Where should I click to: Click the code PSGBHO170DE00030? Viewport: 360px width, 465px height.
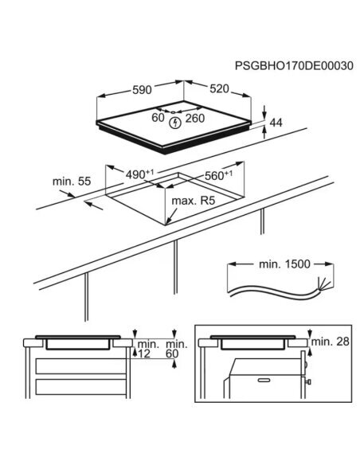[x=294, y=65]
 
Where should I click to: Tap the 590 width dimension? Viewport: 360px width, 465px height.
[x=142, y=89]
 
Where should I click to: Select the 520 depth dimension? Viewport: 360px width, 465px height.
[x=220, y=88]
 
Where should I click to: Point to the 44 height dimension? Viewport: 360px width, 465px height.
[x=276, y=123]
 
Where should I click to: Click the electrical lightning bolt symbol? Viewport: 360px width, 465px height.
[x=175, y=123]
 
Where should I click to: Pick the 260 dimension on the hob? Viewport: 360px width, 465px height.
[x=195, y=119]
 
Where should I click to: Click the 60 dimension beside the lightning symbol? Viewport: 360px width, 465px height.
[x=158, y=117]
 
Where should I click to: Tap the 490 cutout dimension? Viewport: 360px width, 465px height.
[x=139, y=174]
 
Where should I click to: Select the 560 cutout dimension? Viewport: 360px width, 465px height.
[x=218, y=175]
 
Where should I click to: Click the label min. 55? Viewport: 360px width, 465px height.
[x=72, y=182]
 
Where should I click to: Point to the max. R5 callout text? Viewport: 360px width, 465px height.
[x=193, y=201]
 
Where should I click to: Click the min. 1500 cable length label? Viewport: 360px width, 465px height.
[x=284, y=264]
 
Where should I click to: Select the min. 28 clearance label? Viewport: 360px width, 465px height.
[x=330, y=342]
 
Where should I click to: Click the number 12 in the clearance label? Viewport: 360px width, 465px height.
[x=144, y=354]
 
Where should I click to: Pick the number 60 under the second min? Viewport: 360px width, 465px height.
[x=172, y=354]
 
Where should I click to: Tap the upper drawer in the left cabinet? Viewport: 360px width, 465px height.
[x=80, y=366]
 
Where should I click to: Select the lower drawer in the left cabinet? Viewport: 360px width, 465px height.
[x=80, y=387]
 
